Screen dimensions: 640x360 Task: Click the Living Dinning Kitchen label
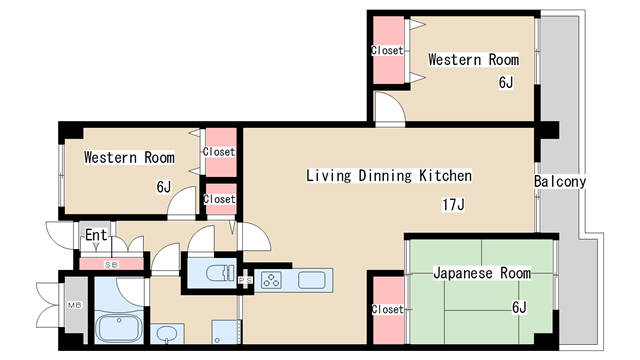click(x=389, y=176)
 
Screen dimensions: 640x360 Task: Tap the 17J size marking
click(x=453, y=204)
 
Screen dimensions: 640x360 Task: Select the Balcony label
click(x=560, y=182)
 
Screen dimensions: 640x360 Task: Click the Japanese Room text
click(x=482, y=273)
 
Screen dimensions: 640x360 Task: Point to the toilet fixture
click(x=220, y=273)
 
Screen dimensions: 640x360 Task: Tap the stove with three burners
click(x=271, y=280)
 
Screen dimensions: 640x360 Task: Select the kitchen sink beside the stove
click(x=312, y=280)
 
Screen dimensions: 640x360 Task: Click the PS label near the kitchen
click(x=245, y=280)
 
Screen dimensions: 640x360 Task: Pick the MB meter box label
click(x=75, y=305)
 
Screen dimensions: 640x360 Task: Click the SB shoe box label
click(x=111, y=264)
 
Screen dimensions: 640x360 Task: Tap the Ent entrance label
click(x=96, y=235)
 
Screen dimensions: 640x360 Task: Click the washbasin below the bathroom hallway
click(x=167, y=333)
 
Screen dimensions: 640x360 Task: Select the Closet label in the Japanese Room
click(x=387, y=309)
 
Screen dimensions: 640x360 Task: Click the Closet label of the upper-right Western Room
click(x=387, y=50)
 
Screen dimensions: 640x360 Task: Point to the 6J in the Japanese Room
click(x=519, y=307)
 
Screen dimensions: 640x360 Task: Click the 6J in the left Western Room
click(x=164, y=187)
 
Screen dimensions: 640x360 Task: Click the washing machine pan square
click(x=224, y=332)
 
